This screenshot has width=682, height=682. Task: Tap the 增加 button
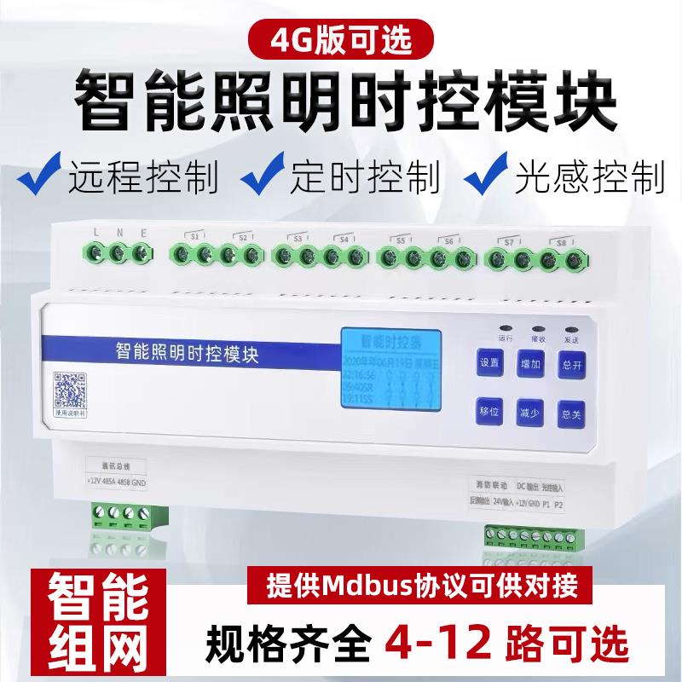coord(530,363)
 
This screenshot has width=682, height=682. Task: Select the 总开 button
coord(571,363)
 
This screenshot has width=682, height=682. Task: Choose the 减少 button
coord(530,413)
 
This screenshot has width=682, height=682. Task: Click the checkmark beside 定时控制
coord(262,176)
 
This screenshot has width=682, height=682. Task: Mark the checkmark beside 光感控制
coord(487,176)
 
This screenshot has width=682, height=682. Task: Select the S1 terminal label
coord(194,235)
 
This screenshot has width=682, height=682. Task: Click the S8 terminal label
coord(561,242)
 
